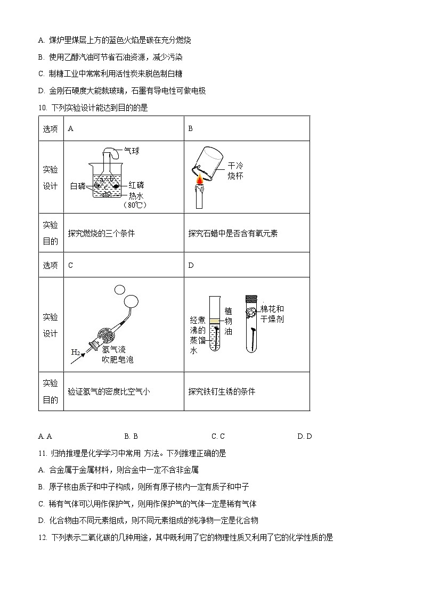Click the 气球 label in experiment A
132,151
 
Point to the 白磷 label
78,186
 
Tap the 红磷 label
136,185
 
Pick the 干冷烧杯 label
235,170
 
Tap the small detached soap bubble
119,289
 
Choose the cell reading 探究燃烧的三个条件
102,233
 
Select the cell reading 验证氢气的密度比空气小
109,391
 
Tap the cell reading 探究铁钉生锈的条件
222,391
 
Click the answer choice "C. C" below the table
218,436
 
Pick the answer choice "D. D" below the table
305,436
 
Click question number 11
43,453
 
